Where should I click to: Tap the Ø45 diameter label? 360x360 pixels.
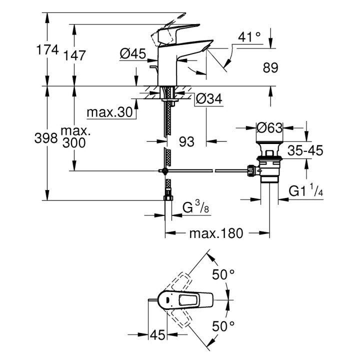pos(132,52)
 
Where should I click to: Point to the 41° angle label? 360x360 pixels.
pos(249,36)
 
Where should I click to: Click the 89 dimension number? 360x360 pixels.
pos(270,67)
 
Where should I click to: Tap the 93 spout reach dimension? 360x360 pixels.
pos(186,142)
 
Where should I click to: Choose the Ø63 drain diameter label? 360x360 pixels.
pos(269,128)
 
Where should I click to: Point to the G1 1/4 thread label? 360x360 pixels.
pos(307,190)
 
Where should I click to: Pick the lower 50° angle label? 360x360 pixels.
pos(223,326)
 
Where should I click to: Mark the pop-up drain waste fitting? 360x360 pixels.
pos(269,166)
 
